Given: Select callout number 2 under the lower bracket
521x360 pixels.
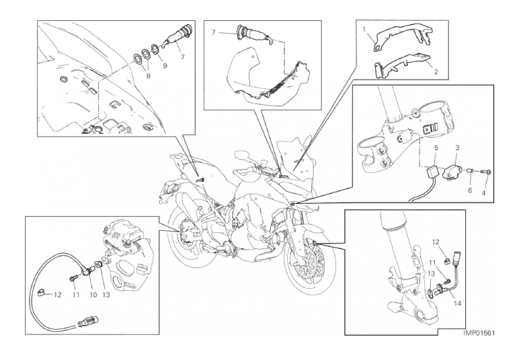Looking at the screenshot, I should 436,71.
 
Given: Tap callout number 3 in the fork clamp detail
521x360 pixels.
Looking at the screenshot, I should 457,147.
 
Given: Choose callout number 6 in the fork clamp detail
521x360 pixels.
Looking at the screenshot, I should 470,190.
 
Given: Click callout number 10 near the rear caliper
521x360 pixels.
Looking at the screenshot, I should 93,295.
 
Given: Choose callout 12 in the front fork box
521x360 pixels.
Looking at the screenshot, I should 435,241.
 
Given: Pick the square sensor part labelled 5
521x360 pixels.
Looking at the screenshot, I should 433,171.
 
